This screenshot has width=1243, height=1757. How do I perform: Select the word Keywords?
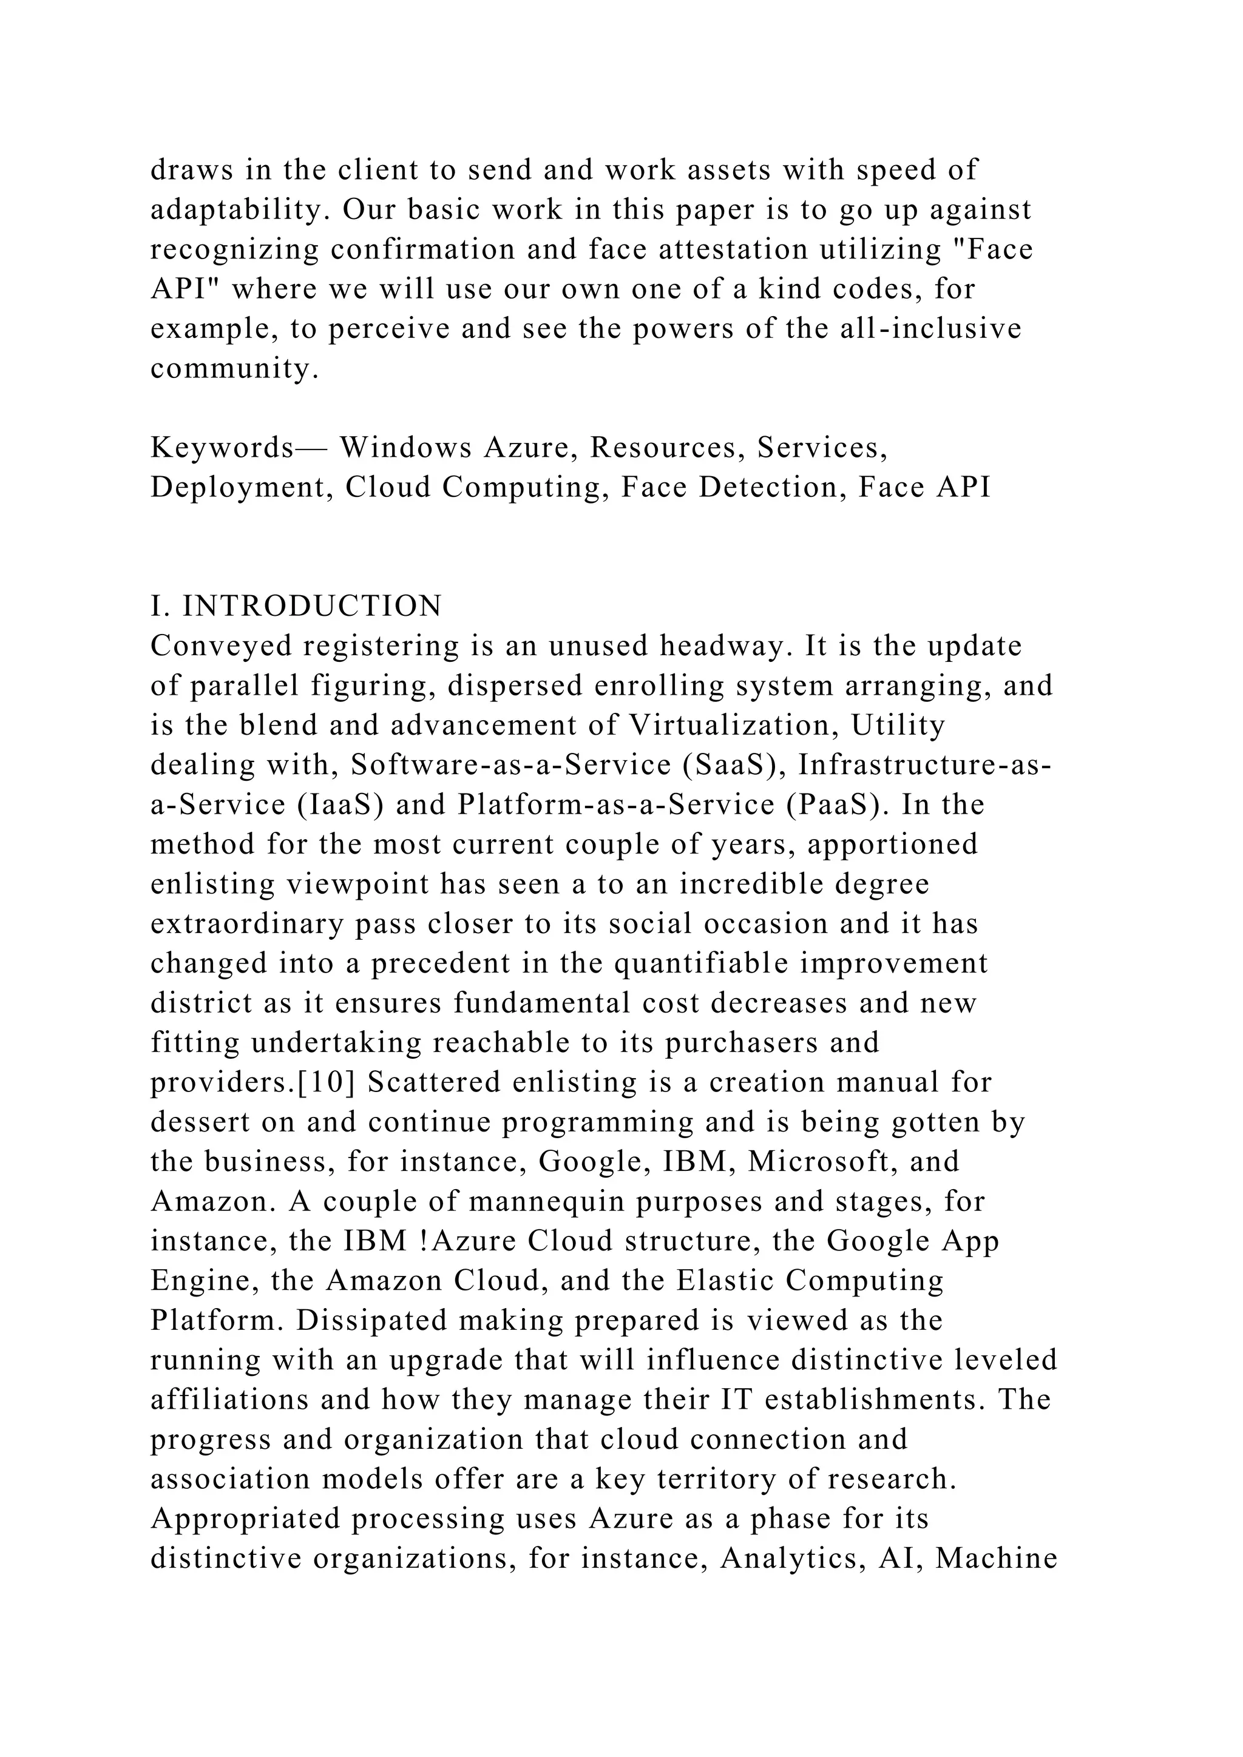[x=222, y=448]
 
